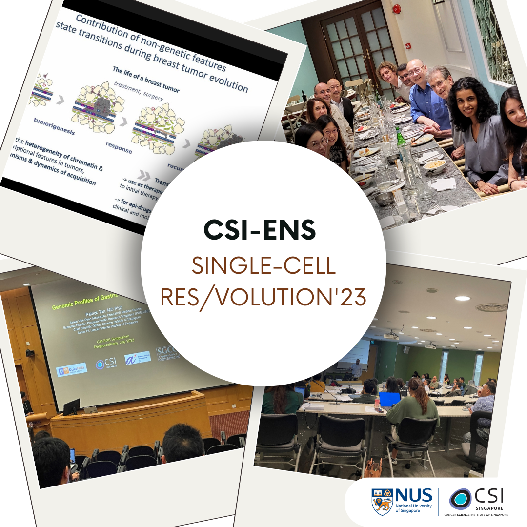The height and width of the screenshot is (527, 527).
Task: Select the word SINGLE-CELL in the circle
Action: click(263, 266)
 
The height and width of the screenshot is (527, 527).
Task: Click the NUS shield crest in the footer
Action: click(382, 501)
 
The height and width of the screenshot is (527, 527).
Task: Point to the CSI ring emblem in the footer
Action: click(461, 499)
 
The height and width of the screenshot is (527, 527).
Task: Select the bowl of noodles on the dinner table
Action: click(434, 166)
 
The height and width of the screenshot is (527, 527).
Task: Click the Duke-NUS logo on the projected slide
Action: click(72, 369)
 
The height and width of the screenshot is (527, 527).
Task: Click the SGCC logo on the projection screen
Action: click(167, 352)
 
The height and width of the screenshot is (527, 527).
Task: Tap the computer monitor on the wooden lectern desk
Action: click(71, 406)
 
